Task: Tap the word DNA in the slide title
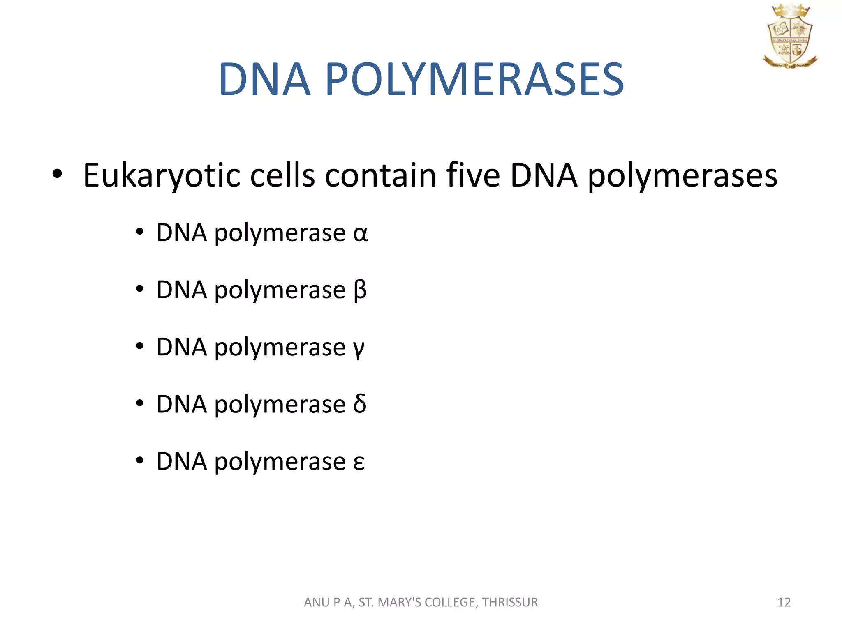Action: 264,79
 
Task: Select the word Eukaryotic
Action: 161,176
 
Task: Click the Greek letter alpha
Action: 361,234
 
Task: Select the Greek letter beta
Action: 360,291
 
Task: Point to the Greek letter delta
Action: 360,404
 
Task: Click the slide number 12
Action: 784,602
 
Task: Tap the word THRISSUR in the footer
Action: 510,602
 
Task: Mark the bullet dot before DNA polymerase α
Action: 140,233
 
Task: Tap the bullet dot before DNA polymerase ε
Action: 140,461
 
